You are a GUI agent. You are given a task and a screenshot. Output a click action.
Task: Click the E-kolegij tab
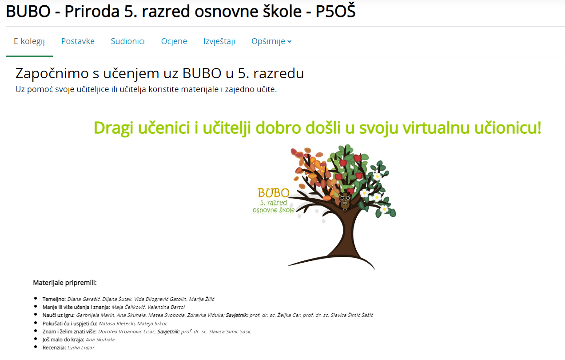pos(29,41)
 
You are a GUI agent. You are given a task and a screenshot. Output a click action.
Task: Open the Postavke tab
pos(78,41)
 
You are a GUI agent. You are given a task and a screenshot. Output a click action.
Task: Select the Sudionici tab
pos(127,41)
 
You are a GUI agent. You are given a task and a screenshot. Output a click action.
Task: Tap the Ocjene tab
pos(174,41)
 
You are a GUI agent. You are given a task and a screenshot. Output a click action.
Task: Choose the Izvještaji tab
pos(219,41)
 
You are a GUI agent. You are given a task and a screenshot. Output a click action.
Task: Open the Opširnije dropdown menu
pos(271,41)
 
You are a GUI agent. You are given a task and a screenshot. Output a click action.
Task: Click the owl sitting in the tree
pos(345,201)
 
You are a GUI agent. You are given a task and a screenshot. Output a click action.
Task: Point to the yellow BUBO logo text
pos(274,193)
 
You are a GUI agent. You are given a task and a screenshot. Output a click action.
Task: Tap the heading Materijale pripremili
pos(65,283)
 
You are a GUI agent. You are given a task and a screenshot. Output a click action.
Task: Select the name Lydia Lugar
pos(81,348)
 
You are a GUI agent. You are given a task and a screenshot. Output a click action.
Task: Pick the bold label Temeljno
pos(54,299)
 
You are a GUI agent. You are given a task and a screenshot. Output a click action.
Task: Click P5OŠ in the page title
pos(335,11)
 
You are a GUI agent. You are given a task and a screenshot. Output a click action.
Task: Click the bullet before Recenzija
pos(36,347)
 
